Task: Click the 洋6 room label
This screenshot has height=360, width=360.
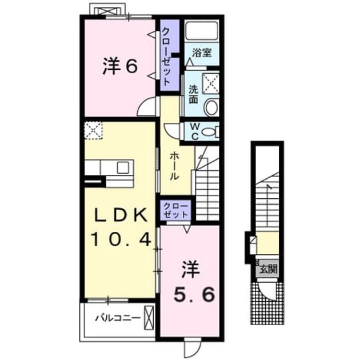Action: click(120, 66)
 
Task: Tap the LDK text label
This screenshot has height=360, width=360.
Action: click(121, 215)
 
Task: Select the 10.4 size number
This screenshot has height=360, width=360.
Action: click(122, 239)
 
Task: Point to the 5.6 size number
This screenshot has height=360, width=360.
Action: click(194, 294)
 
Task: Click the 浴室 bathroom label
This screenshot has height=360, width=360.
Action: click(202, 53)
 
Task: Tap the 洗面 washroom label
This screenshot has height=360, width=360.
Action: click(193, 95)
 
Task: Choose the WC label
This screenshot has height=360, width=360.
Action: click(195, 131)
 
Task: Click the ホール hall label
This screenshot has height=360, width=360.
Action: click(174, 166)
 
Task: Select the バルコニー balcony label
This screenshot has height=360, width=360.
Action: click(118, 318)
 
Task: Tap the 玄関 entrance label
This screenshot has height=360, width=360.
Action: click(268, 269)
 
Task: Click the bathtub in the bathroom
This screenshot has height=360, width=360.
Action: click(202, 31)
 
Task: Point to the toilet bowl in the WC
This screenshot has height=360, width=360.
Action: click(209, 132)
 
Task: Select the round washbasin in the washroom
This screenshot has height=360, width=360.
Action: click(211, 107)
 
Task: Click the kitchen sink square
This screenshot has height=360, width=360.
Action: click(123, 167)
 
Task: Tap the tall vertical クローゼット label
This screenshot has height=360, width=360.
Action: click(167, 56)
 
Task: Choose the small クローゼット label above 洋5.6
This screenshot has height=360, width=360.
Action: click(176, 210)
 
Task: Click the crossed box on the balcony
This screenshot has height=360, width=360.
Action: click(149, 318)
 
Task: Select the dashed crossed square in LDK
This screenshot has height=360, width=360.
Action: click(94, 130)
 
